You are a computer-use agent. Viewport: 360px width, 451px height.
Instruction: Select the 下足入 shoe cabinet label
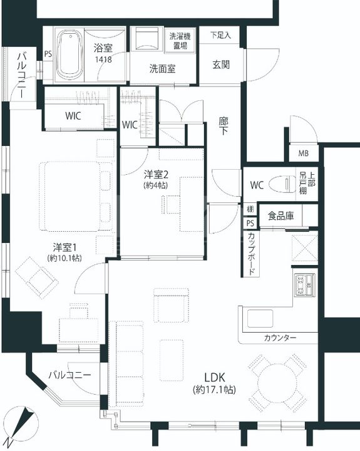coord(220,35)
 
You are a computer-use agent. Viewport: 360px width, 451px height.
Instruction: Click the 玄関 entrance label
coord(220,65)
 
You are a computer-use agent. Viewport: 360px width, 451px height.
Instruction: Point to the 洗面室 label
coord(162,69)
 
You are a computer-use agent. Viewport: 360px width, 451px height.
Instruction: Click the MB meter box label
coord(303,153)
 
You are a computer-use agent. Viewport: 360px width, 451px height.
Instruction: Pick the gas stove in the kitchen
coord(304,284)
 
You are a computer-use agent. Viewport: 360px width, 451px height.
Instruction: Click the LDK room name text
coord(213,378)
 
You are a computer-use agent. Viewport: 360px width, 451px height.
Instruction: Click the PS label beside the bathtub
coord(48,54)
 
